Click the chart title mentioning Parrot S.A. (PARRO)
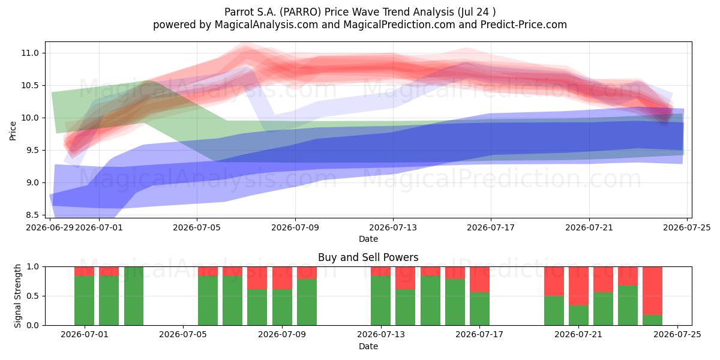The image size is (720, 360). pyautogui.click(x=360, y=12)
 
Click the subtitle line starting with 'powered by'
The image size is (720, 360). pyautogui.click(x=360, y=25)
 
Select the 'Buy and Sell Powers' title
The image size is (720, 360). pyautogui.click(x=368, y=257)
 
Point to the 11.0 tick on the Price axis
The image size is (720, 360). pyautogui.click(x=30, y=53)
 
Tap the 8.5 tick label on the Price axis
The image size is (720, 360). pyautogui.click(x=32, y=215)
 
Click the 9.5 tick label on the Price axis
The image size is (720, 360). pyautogui.click(x=32, y=150)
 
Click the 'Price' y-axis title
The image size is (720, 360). pyautogui.click(x=13, y=131)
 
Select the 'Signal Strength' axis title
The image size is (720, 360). pyautogui.click(x=17, y=296)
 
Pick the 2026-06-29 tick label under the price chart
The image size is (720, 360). pyautogui.click(x=50, y=228)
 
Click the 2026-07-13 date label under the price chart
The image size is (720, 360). pyautogui.click(x=393, y=228)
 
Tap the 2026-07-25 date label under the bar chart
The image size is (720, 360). pyautogui.click(x=677, y=335)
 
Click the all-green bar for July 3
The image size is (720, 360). pyautogui.click(x=134, y=296)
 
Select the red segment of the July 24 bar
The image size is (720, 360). pyautogui.click(x=653, y=291)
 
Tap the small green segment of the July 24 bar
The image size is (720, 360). pyautogui.click(x=653, y=320)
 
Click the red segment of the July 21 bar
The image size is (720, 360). pyautogui.click(x=578, y=286)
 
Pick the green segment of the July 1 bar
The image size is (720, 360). pyautogui.click(x=84, y=301)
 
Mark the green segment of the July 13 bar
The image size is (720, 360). pyautogui.click(x=380, y=301)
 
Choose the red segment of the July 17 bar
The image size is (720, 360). pyautogui.click(x=479, y=280)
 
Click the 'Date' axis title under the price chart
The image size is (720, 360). pyautogui.click(x=368, y=239)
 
